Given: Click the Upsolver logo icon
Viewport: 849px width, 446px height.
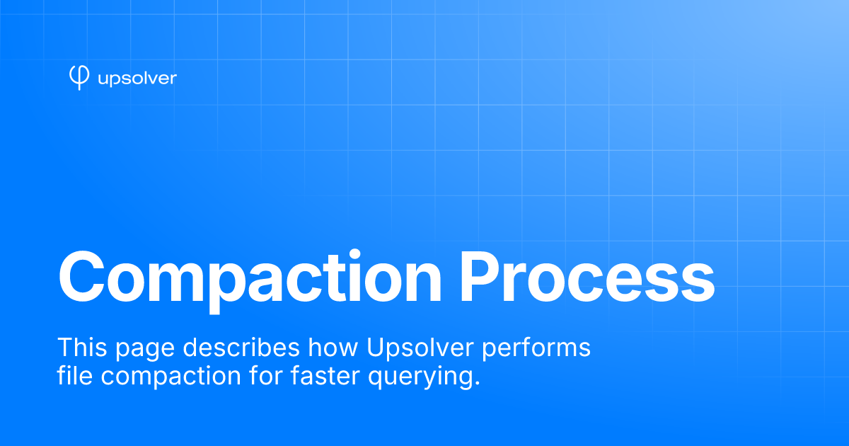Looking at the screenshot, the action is [79, 77].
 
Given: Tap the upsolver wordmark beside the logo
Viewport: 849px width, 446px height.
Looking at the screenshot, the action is [137, 79].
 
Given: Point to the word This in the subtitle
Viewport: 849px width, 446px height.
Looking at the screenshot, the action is [82, 347].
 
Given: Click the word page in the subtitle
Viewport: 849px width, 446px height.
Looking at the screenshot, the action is [145, 350].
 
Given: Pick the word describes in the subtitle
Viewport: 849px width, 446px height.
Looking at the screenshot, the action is [241, 347].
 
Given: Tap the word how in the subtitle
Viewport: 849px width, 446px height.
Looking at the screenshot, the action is [333, 347].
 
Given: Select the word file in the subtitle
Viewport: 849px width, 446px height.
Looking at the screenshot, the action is [75, 375].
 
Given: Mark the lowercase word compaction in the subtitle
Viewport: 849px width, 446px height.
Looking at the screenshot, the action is [171, 378].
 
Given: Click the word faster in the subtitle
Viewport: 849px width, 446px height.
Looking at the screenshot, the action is [325, 375].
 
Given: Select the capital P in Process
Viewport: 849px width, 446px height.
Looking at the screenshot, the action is [480, 277].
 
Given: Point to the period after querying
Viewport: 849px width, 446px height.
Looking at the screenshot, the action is [477, 383].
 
